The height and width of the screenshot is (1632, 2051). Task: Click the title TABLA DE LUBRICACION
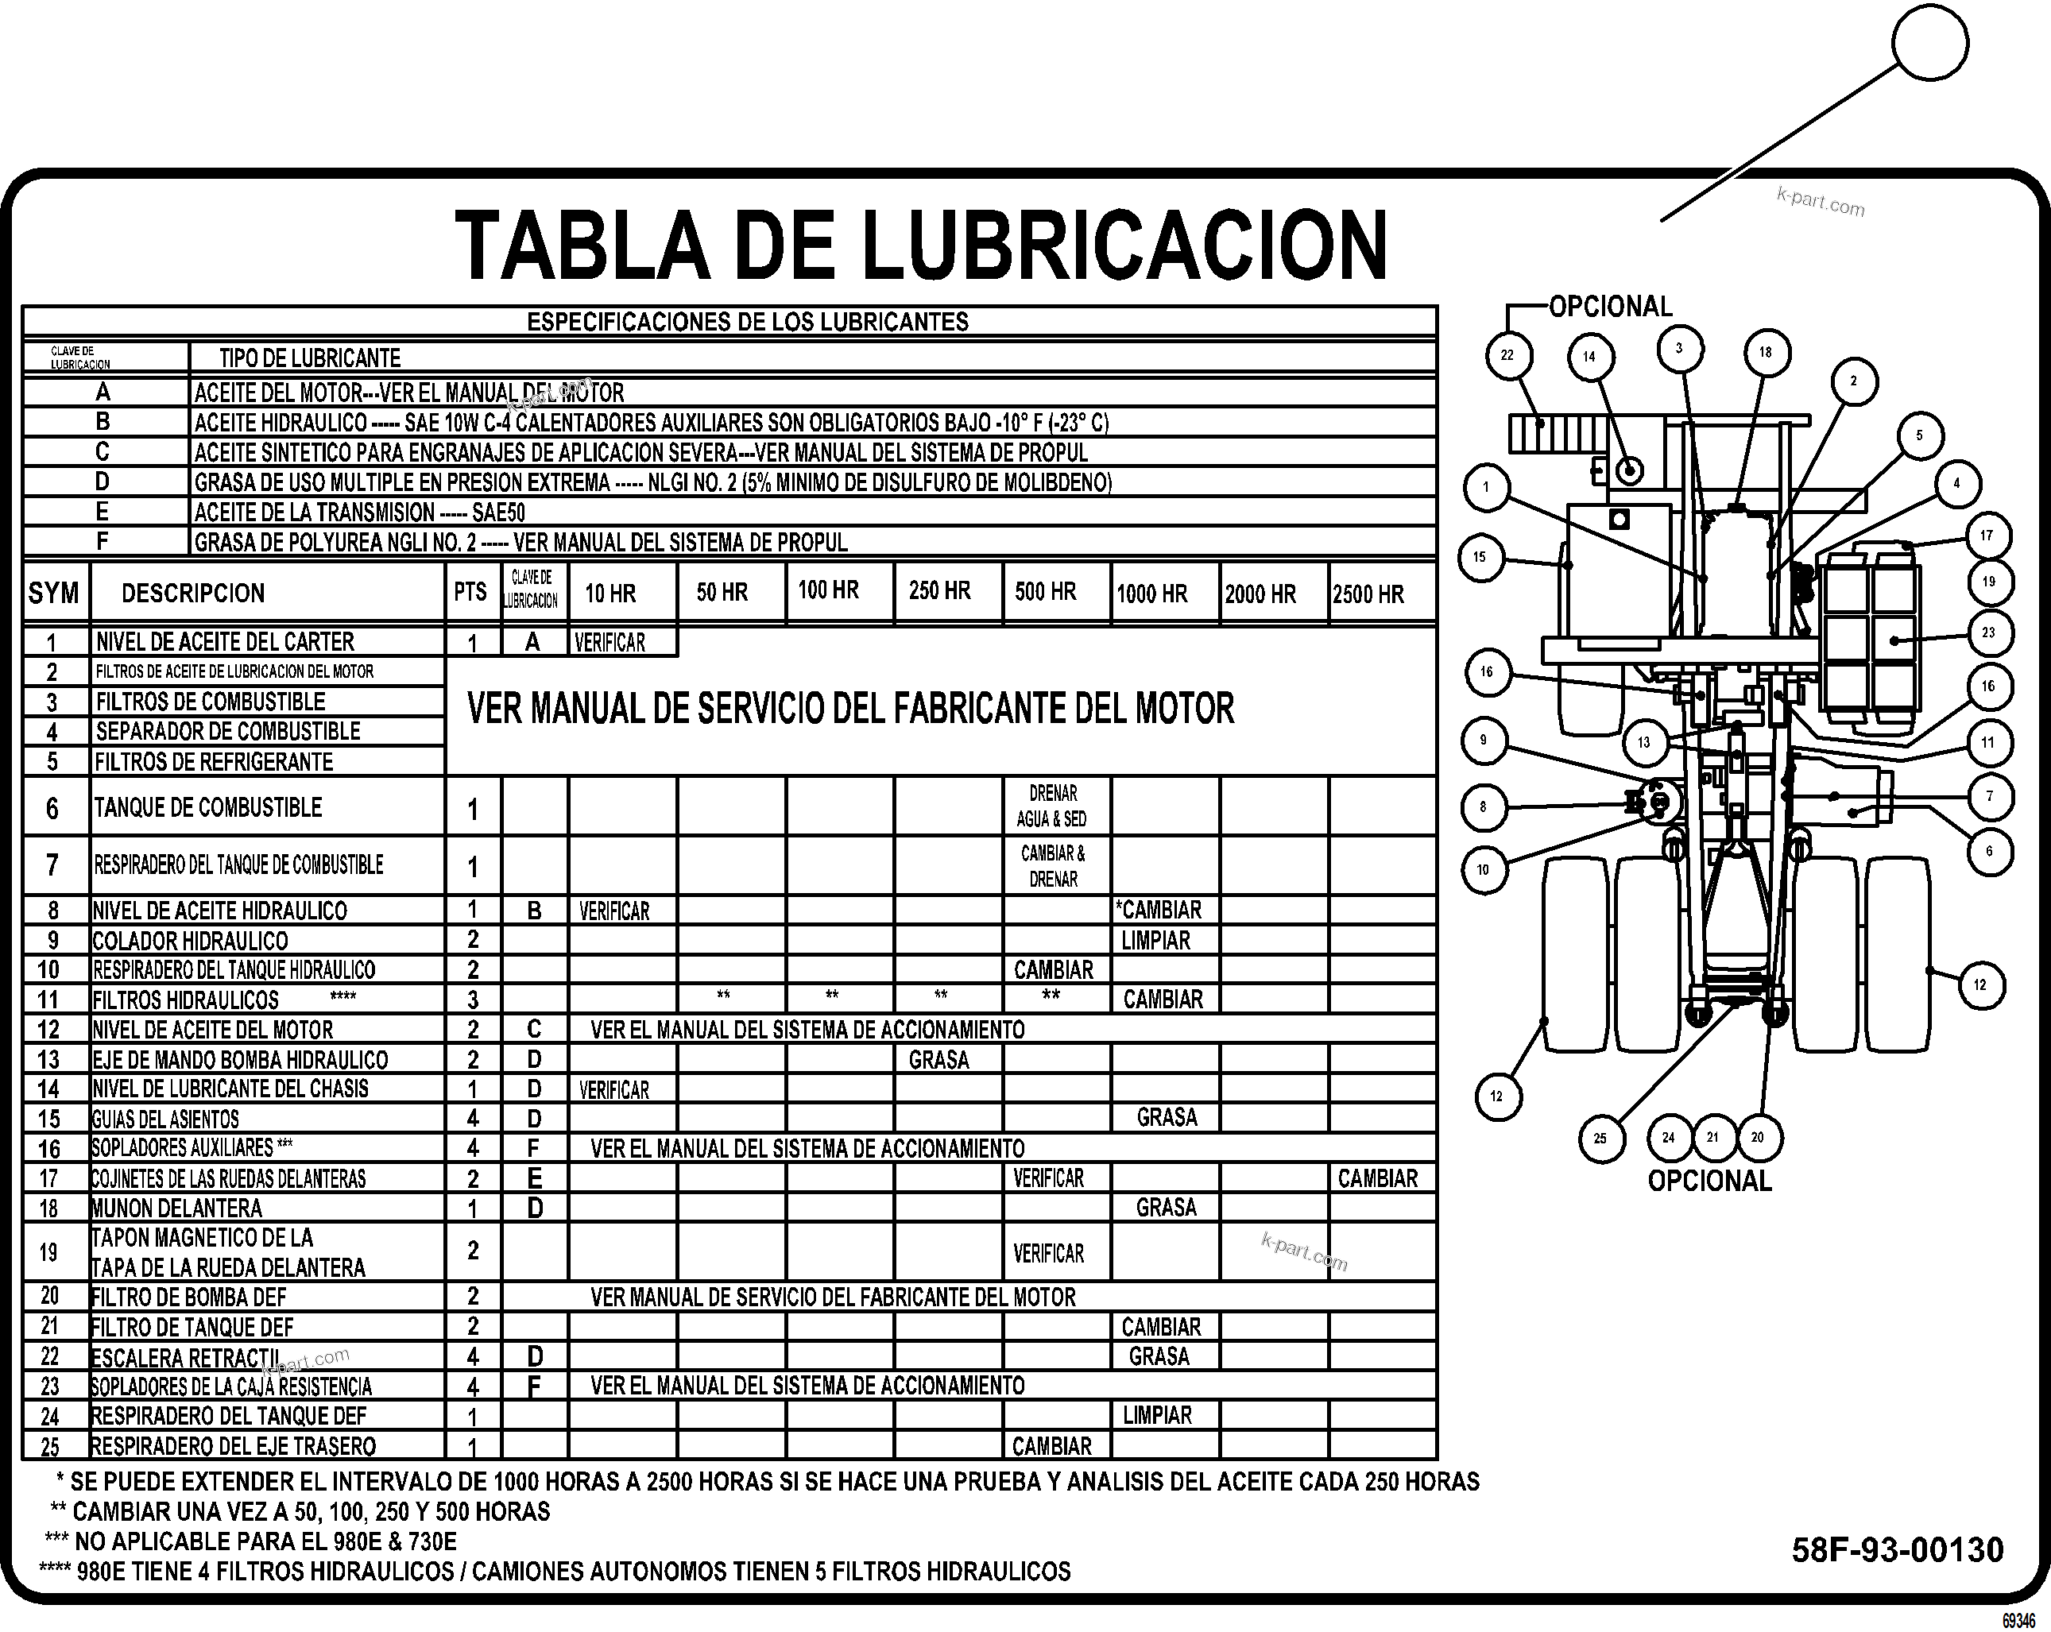(x=921, y=245)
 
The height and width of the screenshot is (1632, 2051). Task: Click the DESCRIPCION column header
(x=193, y=594)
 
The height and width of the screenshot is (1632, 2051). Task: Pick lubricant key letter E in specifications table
(x=103, y=512)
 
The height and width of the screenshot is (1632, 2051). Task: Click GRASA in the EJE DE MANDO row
(x=939, y=1059)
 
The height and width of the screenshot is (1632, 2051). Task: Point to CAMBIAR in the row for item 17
(x=1377, y=1178)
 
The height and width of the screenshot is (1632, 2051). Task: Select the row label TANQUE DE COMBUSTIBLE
(x=207, y=807)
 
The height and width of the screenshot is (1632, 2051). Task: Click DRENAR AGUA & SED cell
(x=1052, y=806)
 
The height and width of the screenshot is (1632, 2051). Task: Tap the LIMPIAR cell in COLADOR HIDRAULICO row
(x=1156, y=941)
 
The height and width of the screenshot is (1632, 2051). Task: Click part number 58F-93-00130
(x=1897, y=1549)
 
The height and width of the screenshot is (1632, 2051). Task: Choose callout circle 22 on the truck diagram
(x=1507, y=356)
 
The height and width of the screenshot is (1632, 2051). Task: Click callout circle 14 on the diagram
(x=1589, y=358)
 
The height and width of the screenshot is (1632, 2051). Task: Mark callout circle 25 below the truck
(x=1600, y=1139)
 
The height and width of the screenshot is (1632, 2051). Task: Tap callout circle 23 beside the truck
(x=1988, y=632)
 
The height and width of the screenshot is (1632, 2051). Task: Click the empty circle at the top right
(x=1930, y=43)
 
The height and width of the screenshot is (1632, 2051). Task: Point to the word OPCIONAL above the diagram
(x=1611, y=306)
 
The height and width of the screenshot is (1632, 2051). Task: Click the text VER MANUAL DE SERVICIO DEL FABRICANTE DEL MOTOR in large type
(x=850, y=709)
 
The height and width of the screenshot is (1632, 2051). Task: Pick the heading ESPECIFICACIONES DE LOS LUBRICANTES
(x=748, y=322)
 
